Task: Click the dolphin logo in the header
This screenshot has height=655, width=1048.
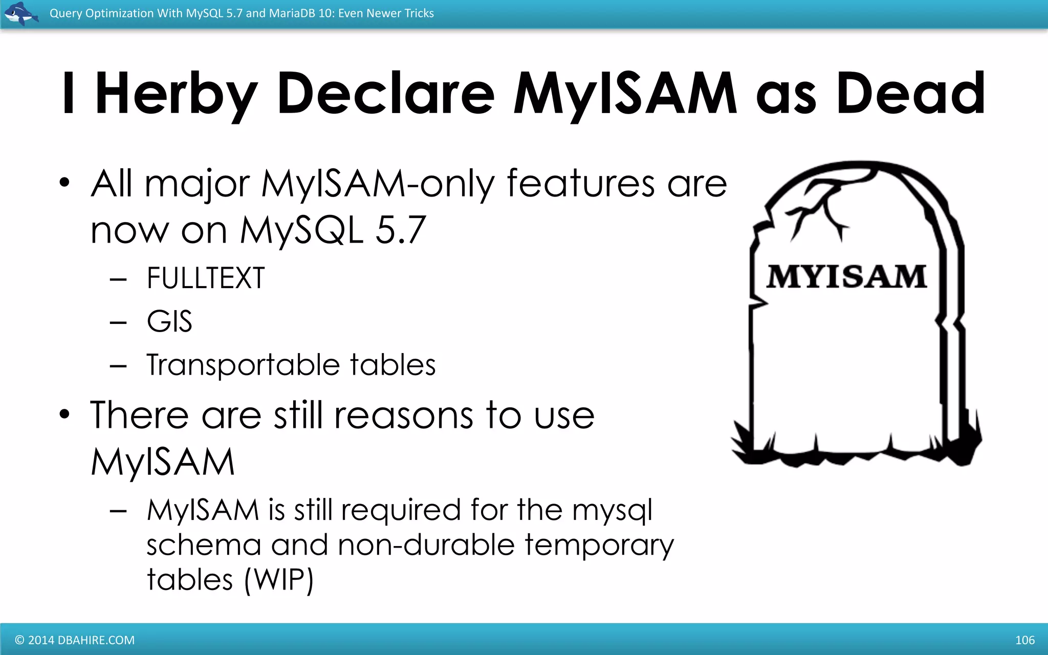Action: [20, 13]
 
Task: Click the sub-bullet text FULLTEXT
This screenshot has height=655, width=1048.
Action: [206, 278]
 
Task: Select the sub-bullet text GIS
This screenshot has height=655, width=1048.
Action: [169, 322]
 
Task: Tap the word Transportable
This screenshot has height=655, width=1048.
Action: [243, 365]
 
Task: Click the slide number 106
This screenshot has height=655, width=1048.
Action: [1024, 640]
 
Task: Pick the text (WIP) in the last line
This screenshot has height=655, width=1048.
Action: [279, 580]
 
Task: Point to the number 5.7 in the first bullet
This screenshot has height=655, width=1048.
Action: [400, 230]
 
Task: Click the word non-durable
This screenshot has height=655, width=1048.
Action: [426, 545]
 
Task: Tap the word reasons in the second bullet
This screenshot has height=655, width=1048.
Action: [404, 415]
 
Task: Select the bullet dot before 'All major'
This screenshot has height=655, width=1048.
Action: [64, 183]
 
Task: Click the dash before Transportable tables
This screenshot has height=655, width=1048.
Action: [118, 366]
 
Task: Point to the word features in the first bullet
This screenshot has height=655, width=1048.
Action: [580, 183]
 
